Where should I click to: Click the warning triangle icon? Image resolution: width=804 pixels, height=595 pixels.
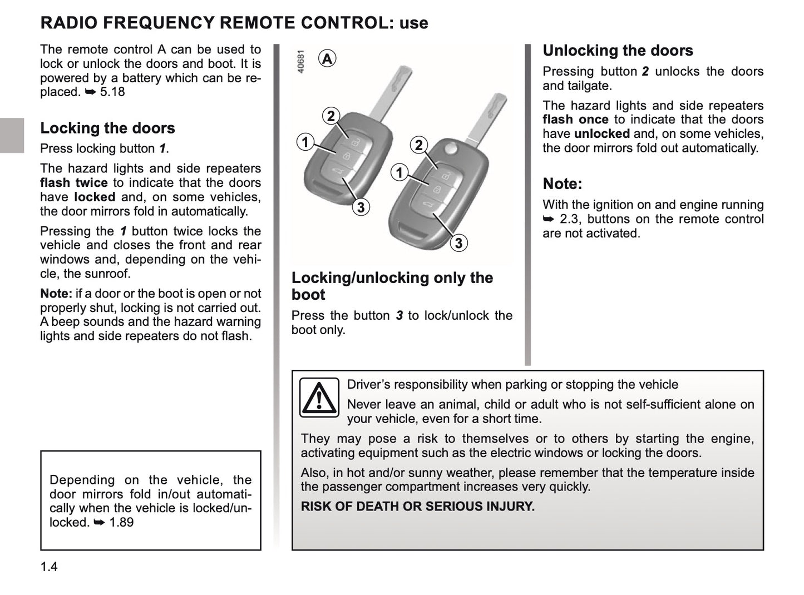[319, 397]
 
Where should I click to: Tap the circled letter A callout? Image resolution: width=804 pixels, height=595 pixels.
[328, 58]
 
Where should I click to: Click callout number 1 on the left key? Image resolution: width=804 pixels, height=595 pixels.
[305, 142]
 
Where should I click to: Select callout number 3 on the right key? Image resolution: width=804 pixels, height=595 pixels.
[458, 243]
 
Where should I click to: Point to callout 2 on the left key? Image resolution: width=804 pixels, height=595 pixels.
[331, 116]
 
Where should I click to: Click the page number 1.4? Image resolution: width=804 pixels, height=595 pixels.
[49, 567]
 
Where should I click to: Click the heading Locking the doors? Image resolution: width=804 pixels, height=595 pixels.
[107, 128]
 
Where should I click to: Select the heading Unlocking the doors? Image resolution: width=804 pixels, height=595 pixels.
[618, 51]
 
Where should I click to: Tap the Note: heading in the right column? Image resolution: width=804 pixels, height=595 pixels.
[563, 184]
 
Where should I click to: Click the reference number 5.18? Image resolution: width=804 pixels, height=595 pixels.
[112, 92]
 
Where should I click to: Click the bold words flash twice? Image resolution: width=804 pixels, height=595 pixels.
[74, 183]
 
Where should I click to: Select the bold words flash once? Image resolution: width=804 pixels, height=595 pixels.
[575, 120]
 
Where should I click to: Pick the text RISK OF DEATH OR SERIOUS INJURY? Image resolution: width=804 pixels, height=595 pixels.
[417, 507]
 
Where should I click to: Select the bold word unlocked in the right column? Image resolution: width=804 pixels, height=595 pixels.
[601, 134]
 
